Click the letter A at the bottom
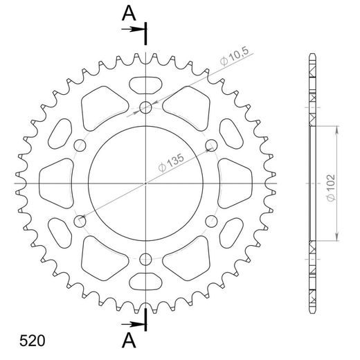[128, 339]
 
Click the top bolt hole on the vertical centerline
[145, 107]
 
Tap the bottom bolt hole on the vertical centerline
[145, 260]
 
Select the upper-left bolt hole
[80, 145]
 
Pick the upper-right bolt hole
[211, 145]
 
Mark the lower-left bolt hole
[80, 222]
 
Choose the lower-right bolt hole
[211, 222]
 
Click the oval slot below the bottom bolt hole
[145, 282]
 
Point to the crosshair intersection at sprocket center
[145, 183]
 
